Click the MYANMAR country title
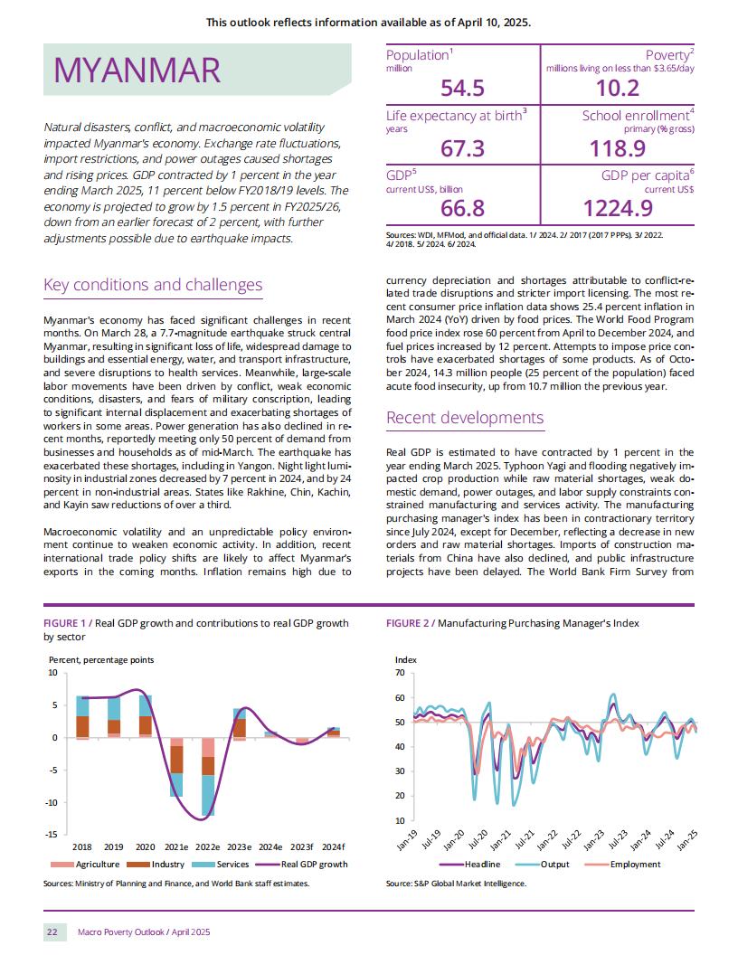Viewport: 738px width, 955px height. (137, 70)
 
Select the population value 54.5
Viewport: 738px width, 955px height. (463, 89)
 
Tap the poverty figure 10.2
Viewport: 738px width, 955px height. (618, 89)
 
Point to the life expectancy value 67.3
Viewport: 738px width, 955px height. (463, 148)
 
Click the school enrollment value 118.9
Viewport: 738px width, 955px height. (618, 148)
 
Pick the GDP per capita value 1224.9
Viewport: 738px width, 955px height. (618, 208)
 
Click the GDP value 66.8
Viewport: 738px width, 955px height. (463, 208)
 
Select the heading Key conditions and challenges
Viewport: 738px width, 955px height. (153, 285)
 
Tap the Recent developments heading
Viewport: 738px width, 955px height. (465, 418)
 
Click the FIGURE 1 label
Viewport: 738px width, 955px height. (64, 623)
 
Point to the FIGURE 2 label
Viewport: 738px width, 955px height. (407, 623)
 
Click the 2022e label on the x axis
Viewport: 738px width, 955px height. (208, 846)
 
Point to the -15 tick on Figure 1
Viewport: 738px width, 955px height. (52, 835)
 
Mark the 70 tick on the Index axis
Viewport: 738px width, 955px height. (400, 673)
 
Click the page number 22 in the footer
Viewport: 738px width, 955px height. (52, 931)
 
